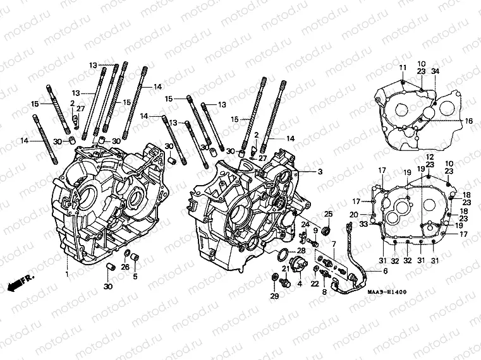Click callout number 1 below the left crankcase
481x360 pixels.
66,274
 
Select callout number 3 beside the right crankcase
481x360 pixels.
320,172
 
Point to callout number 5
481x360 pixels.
134,275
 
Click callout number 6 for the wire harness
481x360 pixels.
386,272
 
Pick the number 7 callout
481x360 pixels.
333,243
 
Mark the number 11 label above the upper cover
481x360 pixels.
402,68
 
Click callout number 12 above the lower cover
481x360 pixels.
429,157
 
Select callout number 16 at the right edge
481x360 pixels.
469,121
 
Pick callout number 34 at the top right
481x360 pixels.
435,71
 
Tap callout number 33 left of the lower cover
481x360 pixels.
364,223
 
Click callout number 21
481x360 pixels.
286,269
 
